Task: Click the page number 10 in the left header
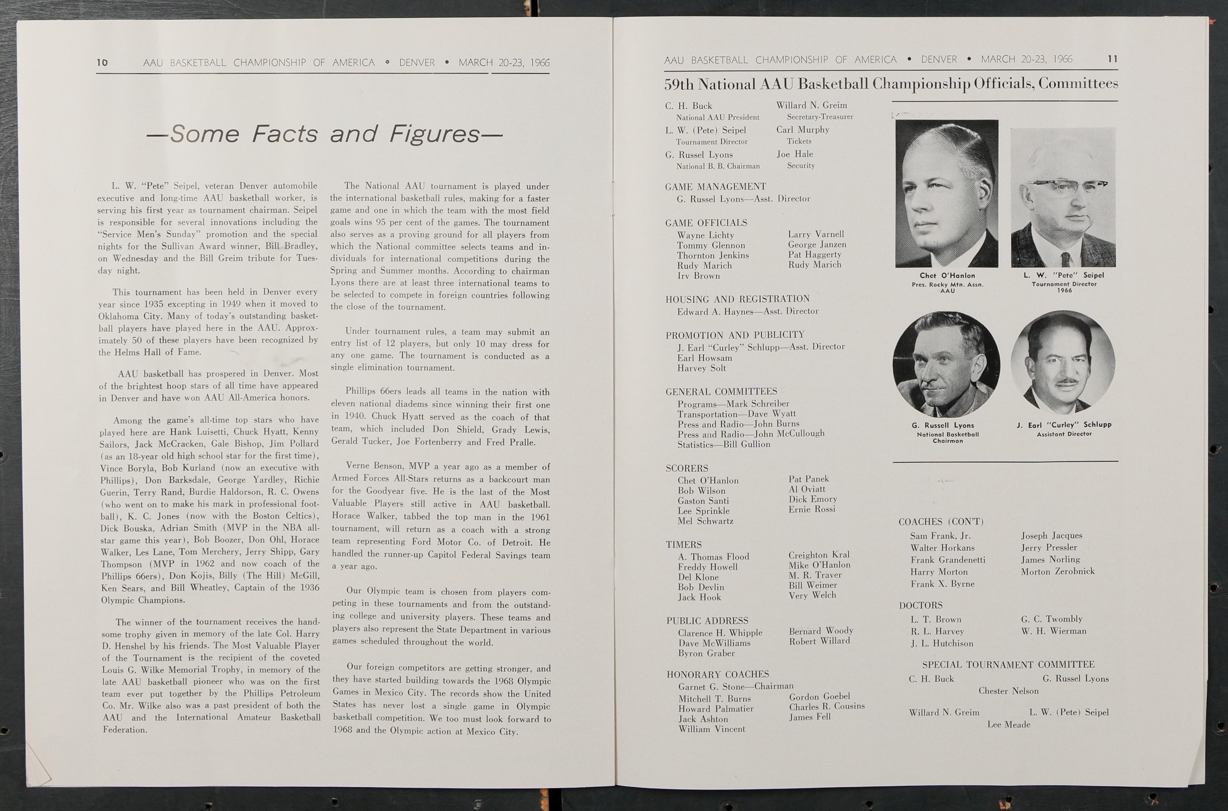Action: [102, 63]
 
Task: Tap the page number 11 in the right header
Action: [1113, 59]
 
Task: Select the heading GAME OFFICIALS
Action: [706, 223]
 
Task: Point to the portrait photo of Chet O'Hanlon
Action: [947, 193]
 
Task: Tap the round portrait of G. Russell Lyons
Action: [946, 365]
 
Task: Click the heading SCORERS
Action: [687, 468]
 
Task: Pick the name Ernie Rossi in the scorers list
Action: [812, 509]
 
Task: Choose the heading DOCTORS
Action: [920, 605]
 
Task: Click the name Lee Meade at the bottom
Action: [1008, 725]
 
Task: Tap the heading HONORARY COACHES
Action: [718, 674]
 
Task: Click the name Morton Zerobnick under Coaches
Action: [1057, 572]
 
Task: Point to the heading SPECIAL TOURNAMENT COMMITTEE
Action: [1008, 665]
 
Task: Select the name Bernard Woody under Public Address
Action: [821, 631]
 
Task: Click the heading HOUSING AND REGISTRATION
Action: [737, 299]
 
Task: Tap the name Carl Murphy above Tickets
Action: [802, 130]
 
